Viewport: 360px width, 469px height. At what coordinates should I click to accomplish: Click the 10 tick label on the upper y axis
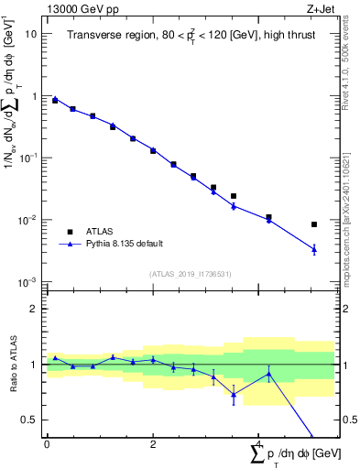click(31, 34)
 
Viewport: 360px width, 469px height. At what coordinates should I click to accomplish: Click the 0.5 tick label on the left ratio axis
click(28, 420)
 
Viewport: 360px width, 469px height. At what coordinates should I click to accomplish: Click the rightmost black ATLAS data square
click(314, 224)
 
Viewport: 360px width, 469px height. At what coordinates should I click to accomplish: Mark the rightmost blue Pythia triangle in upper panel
click(314, 249)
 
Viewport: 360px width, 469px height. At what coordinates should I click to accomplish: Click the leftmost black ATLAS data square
click(55, 101)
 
